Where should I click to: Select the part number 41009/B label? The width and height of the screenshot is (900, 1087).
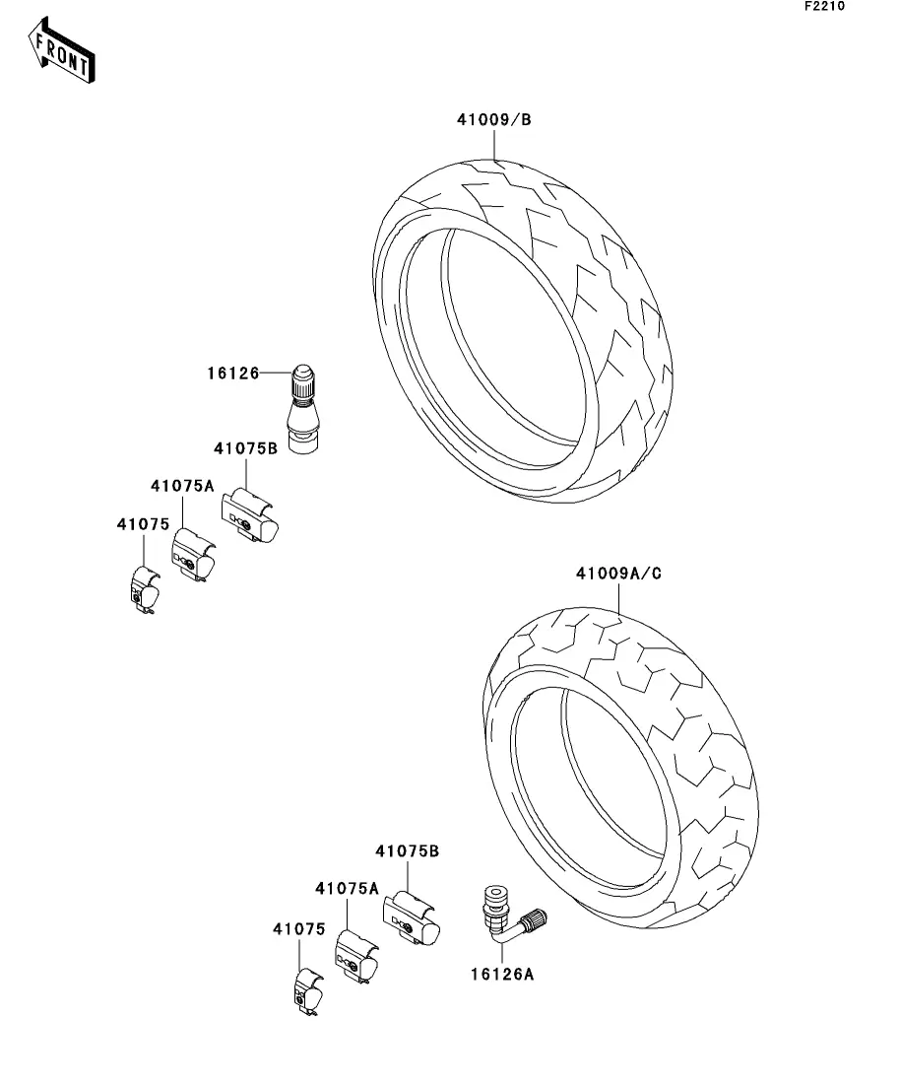pyautogui.click(x=493, y=120)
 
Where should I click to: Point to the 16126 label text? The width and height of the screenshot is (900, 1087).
pyautogui.click(x=232, y=374)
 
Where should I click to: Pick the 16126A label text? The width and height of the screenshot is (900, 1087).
pyautogui.click(x=501, y=975)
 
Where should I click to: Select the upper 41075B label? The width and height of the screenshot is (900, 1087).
pyautogui.click(x=245, y=448)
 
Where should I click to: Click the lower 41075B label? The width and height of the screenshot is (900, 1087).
pyautogui.click(x=407, y=850)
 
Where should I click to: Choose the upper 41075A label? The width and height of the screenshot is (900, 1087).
pyautogui.click(x=182, y=486)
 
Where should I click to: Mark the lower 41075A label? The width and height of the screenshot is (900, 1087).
pyautogui.click(x=347, y=888)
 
